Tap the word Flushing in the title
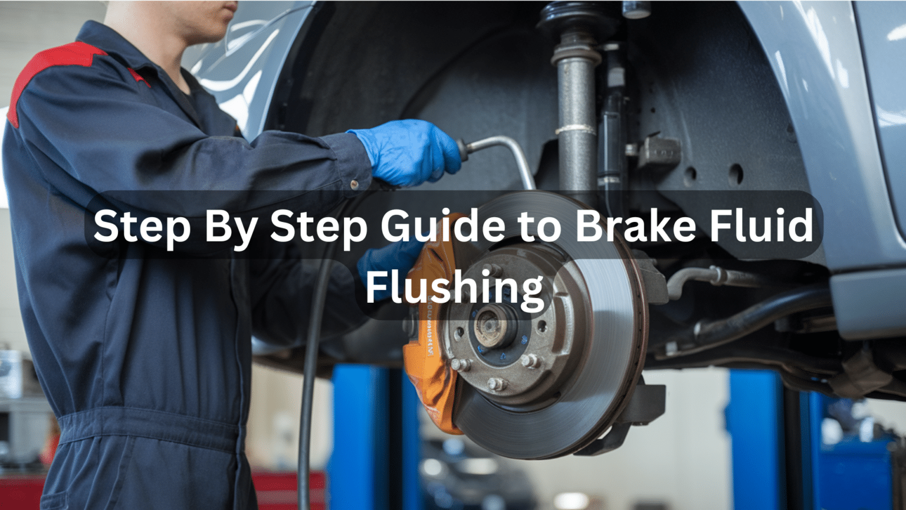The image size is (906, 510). click(x=454, y=287)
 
